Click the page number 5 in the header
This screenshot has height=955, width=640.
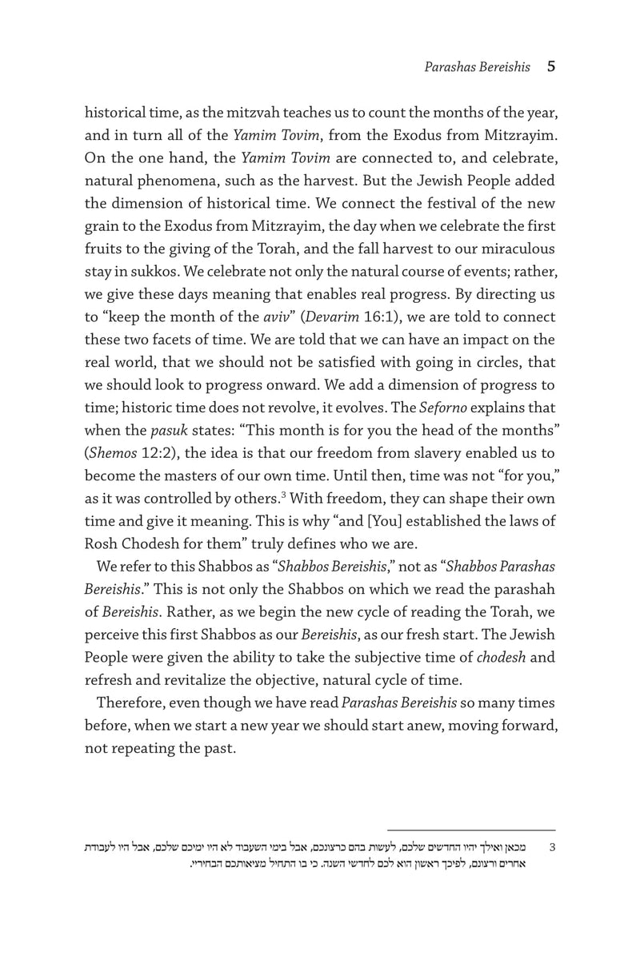click(x=550, y=67)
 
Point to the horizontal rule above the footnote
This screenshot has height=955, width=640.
click(x=471, y=830)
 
